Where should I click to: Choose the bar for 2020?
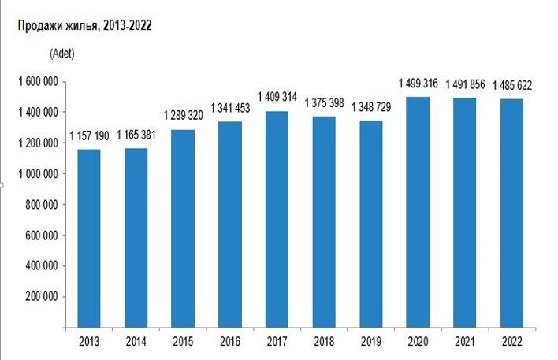[418, 212]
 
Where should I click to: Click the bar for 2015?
[183, 228]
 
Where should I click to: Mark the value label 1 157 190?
[88, 137]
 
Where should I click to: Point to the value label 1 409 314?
[277, 99]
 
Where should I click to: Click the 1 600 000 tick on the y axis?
[37, 82]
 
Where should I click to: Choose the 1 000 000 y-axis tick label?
[37, 174]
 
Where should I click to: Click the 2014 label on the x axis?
[136, 341]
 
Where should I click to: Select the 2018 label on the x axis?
[323, 341]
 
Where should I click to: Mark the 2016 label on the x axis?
[229, 341]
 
